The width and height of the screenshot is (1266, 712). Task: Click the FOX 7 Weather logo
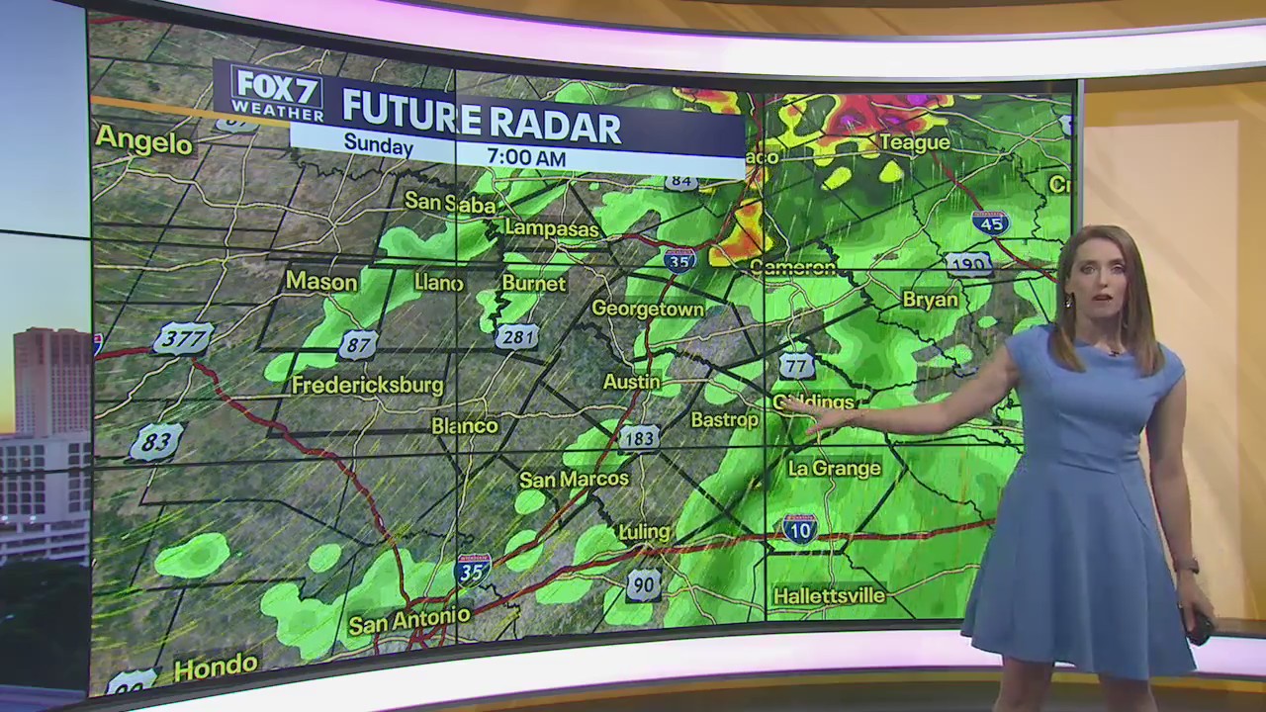pyautogui.click(x=277, y=93)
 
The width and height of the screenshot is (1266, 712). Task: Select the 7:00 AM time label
pyautogui.click(x=526, y=157)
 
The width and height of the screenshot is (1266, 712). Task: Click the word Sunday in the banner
pyautogui.click(x=378, y=144)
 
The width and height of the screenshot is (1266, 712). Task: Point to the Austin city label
pyautogui.click(x=632, y=381)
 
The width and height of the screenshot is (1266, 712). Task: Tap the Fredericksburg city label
pyautogui.click(x=367, y=385)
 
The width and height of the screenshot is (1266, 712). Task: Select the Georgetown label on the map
pyautogui.click(x=648, y=309)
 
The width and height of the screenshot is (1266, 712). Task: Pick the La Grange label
pyautogui.click(x=834, y=468)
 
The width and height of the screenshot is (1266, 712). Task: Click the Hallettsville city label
pyautogui.click(x=829, y=596)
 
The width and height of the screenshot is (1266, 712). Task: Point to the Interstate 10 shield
pyautogui.click(x=799, y=529)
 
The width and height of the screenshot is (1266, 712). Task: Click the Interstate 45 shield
pyautogui.click(x=990, y=222)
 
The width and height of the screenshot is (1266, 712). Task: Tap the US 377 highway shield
pyautogui.click(x=183, y=339)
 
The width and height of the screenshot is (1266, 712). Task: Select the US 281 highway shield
pyautogui.click(x=516, y=336)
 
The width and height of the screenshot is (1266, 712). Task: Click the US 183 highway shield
pyautogui.click(x=639, y=438)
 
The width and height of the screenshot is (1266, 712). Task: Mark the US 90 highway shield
pyautogui.click(x=643, y=585)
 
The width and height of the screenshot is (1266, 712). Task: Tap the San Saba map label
pyautogui.click(x=450, y=202)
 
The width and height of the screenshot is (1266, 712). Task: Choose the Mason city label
pyautogui.click(x=320, y=282)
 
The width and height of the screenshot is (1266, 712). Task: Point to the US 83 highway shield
pyautogui.click(x=156, y=441)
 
